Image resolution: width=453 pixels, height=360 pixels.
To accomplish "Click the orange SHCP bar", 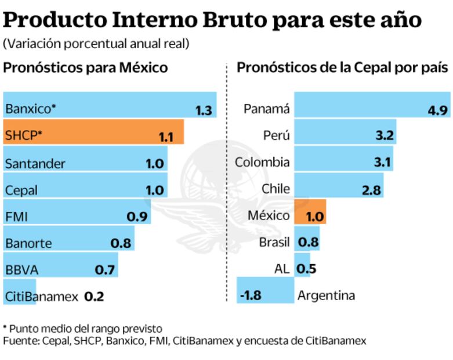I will coord(93,132).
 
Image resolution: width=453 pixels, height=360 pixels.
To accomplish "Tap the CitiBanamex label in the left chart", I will coord(41,296).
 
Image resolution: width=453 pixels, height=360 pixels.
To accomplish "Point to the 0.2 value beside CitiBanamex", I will coord(94,296).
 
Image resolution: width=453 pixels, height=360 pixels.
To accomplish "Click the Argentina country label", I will coord(325,296).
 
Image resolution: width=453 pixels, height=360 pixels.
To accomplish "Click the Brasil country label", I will coord(274,242).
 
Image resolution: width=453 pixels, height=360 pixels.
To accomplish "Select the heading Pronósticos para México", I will coord(85,68).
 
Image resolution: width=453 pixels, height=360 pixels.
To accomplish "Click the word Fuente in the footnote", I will coord(20,341).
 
